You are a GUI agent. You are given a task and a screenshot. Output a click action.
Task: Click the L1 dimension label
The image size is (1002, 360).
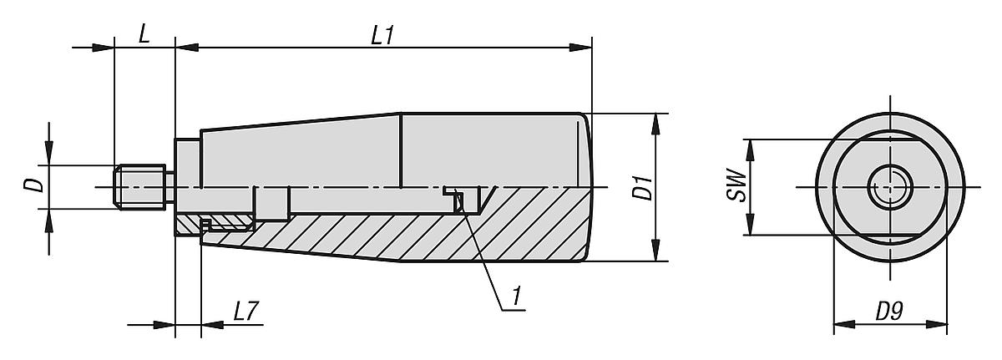coord(382,36)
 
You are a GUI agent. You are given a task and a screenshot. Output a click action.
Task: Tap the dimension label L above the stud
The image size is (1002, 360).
coord(144,36)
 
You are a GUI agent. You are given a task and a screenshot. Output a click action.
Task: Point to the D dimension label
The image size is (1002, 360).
coord(34,185)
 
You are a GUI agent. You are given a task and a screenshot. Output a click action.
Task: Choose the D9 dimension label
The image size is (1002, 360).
coord(891,312)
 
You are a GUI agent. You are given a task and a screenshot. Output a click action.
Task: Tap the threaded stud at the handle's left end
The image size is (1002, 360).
coord(143,186)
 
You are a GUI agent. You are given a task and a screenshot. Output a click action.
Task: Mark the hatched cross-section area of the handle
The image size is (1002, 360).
coord(401,230)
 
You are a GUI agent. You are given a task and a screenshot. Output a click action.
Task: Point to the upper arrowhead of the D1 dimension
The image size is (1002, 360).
coord(654,119)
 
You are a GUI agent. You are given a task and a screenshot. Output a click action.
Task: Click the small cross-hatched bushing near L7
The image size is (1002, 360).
coord(228,224)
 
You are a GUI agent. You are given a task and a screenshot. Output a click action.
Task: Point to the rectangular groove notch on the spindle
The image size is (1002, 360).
coord(271,200)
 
